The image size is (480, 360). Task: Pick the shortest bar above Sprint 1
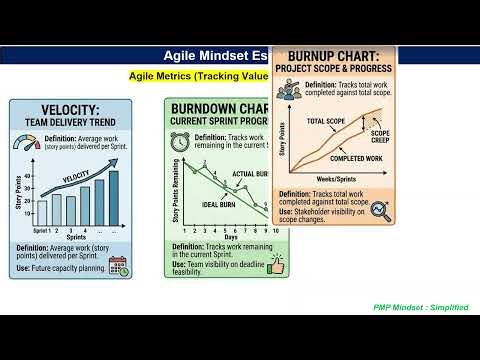tap(41, 213)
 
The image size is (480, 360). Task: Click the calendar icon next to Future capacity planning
tap(117, 266)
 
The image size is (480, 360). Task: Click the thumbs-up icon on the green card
tap(274, 265)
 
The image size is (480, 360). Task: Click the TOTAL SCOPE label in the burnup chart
tap(326, 122)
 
